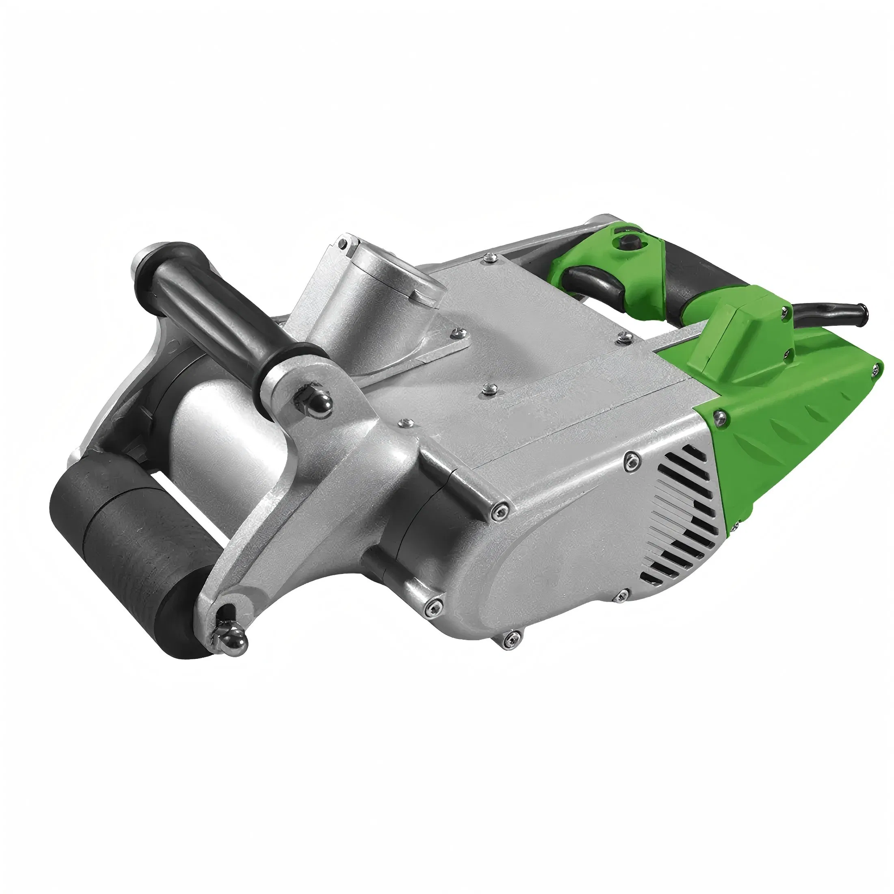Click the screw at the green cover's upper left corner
click(718, 417)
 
